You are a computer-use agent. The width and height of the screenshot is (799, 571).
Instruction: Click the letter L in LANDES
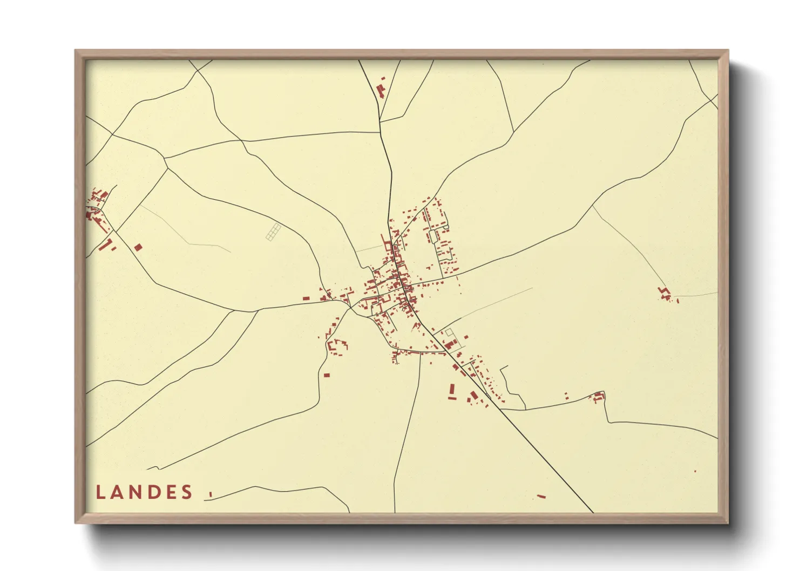coord(100,492)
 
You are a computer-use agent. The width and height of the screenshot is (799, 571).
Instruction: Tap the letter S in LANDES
coord(187,492)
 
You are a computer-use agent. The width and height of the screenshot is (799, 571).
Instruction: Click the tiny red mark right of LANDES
coord(211,494)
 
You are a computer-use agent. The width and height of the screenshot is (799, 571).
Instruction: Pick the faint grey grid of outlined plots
coord(274,232)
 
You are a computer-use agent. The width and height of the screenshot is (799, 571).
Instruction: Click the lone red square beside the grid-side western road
coord(138,247)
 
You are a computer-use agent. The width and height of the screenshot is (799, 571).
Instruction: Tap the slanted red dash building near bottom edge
coord(541,496)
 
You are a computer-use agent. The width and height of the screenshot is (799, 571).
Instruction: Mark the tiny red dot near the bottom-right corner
coord(695,471)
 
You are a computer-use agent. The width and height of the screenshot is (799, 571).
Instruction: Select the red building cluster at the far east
coord(666,294)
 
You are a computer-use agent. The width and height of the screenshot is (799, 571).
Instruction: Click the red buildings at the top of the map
coord(381,87)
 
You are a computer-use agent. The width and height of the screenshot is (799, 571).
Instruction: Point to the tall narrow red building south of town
coord(452,390)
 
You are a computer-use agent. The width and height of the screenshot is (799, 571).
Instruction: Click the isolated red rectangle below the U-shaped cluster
coord(327,375)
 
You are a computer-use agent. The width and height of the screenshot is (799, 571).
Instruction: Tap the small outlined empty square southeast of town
coord(448,332)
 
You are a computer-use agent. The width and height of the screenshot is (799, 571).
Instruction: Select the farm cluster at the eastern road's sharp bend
coord(598,397)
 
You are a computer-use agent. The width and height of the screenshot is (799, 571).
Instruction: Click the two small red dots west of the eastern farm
coord(566,396)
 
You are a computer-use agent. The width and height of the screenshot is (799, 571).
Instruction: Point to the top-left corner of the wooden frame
coord(75,50)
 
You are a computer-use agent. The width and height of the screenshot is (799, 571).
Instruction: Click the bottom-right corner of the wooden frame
coord(728,523)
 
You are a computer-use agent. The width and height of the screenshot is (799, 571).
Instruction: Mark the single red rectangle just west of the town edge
coord(306,298)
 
